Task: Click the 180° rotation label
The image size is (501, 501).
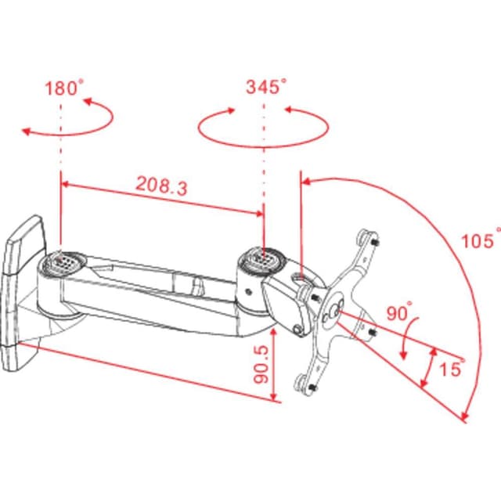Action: point(64,88)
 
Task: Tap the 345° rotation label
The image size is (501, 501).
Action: point(266,86)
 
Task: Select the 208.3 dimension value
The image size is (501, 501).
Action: point(162,186)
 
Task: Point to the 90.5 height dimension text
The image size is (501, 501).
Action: point(261,364)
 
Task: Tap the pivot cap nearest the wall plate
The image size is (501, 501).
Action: point(63,263)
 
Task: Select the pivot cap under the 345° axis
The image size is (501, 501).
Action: point(263,259)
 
